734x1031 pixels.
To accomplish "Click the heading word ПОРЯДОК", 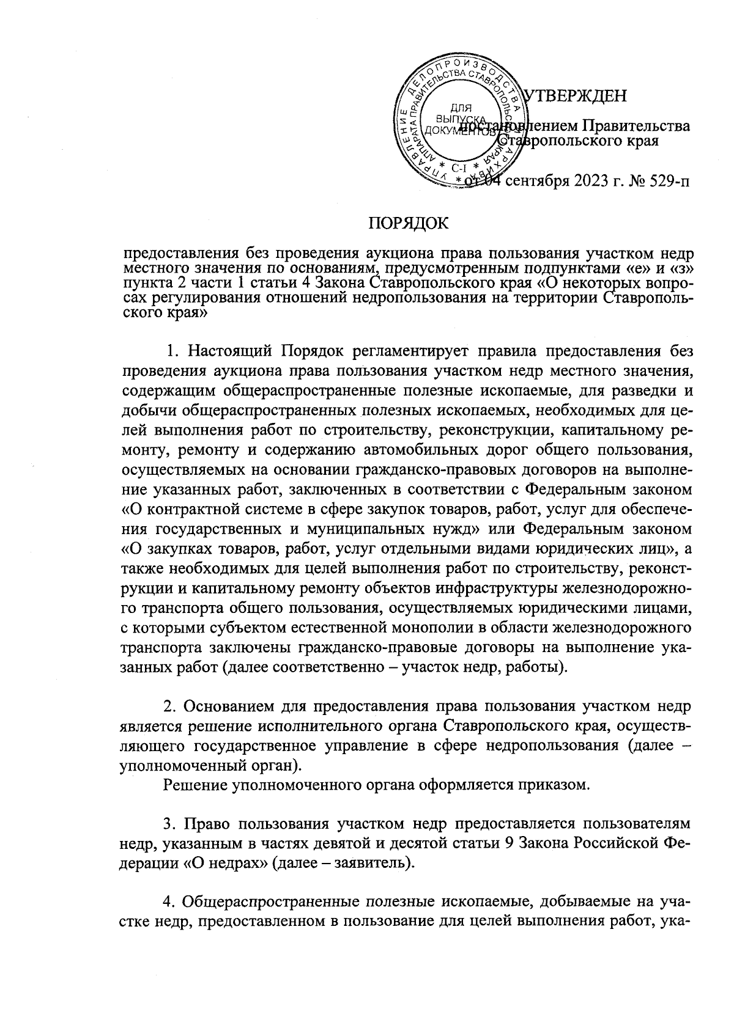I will (408, 224).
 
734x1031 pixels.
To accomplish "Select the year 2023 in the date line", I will (588, 181).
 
